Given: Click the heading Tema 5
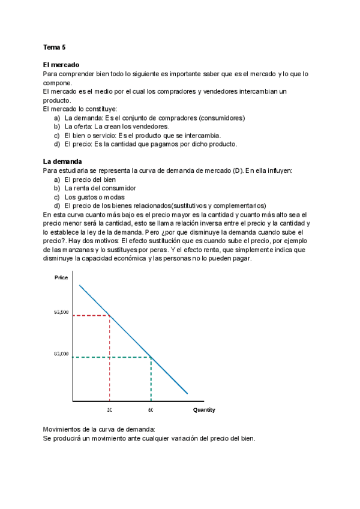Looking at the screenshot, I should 54,47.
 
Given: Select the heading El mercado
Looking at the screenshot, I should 61,64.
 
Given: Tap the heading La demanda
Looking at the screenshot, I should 62,161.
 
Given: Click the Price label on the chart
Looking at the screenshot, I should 61,277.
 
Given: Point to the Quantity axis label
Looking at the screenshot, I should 204,410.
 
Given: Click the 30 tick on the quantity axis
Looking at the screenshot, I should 110,410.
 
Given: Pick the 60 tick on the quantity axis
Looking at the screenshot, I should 151,410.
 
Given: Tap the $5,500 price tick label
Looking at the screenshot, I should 62,313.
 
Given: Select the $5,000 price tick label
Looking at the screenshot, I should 62,354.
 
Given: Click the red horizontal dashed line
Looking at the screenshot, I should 90,315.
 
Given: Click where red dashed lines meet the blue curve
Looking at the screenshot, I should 109,315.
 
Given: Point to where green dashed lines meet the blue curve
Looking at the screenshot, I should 151,357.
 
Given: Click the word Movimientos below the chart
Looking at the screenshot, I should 66,429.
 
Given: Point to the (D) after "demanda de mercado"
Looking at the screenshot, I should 236,170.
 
